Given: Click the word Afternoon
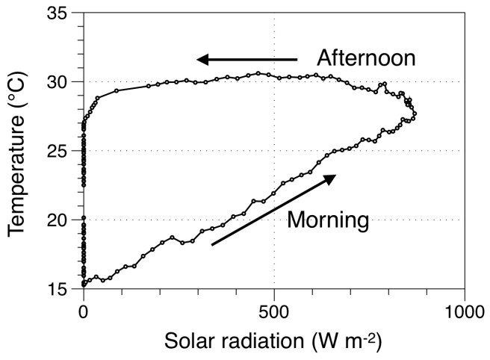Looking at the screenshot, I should [365, 58].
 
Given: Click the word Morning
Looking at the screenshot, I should [328, 220].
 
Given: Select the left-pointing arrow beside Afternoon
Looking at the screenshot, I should [246, 59].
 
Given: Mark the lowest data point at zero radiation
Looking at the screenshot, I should [84, 285].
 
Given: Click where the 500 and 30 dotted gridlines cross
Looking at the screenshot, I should [274, 81].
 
